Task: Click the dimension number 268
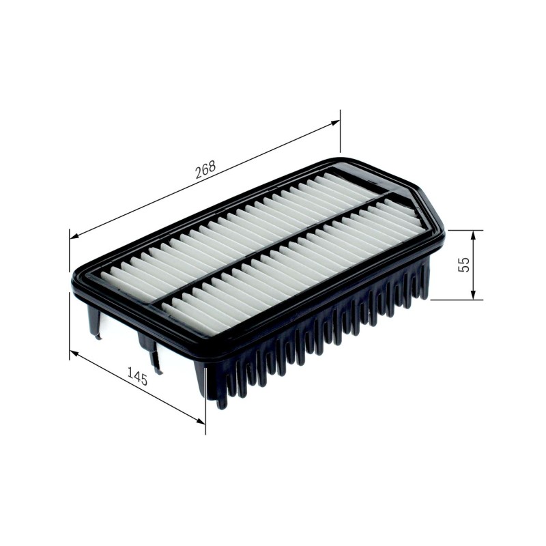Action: tap(205, 169)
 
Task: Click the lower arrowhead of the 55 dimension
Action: tap(473, 295)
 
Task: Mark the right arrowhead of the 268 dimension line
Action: tap(335, 123)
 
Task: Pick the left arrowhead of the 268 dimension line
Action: tap(74, 236)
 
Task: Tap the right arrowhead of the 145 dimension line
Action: tap(201, 421)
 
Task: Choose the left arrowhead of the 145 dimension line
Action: tap(74, 353)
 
